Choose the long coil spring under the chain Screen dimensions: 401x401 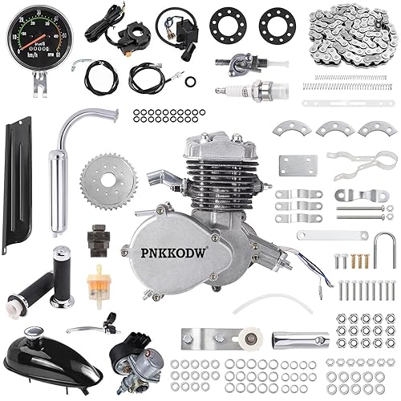(352, 79)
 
